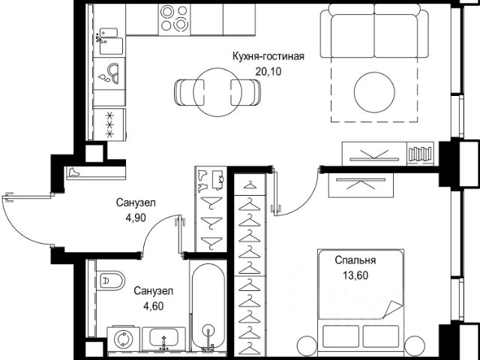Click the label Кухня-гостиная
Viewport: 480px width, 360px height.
click(x=268, y=57)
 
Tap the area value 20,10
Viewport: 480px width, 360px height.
click(x=268, y=72)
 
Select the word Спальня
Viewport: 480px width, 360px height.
click(x=355, y=260)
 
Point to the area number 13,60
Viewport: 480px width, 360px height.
click(x=355, y=275)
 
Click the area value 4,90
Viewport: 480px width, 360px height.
click(x=136, y=217)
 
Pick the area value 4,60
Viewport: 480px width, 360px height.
click(x=153, y=306)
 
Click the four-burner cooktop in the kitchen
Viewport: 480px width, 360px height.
click(x=174, y=19)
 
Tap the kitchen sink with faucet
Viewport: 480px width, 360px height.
click(x=110, y=42)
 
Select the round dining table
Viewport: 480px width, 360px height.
click(x=217, y=92)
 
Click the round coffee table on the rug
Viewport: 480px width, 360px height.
click(x=374, y=92)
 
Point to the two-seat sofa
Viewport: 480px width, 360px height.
click(x=374, y=31)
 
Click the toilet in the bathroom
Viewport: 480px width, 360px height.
click(x=111, y=280)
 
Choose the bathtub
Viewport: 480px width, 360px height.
click(x=208, y=306)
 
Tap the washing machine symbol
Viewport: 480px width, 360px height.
click(x=123, y=338)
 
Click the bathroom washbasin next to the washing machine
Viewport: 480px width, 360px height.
click(x=163, y=339)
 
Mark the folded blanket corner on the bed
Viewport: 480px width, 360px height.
click(x=393, y=309)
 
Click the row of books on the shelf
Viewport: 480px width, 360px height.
click(x=420, y=154)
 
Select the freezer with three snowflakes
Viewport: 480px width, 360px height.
click(x=109, y=124)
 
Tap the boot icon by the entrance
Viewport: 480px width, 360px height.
click(x=73, y=172)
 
